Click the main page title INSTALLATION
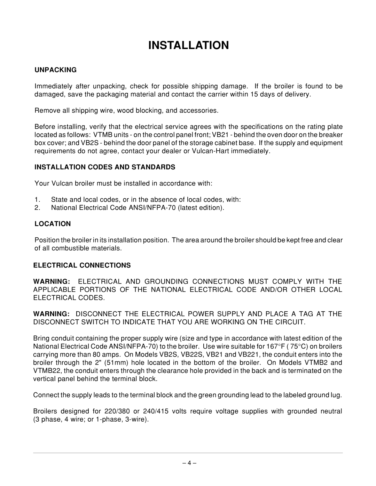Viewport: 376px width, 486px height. click(188, 46)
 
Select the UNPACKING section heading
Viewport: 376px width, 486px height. click(55, 70)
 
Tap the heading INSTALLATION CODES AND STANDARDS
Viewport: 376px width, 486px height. click(104, 167)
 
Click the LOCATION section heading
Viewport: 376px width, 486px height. click(52, 224)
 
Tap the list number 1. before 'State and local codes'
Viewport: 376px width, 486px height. click(37, 200)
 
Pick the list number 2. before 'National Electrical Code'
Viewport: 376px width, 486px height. click(37, 208)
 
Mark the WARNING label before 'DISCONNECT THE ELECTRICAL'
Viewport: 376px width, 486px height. click(53, 314)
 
